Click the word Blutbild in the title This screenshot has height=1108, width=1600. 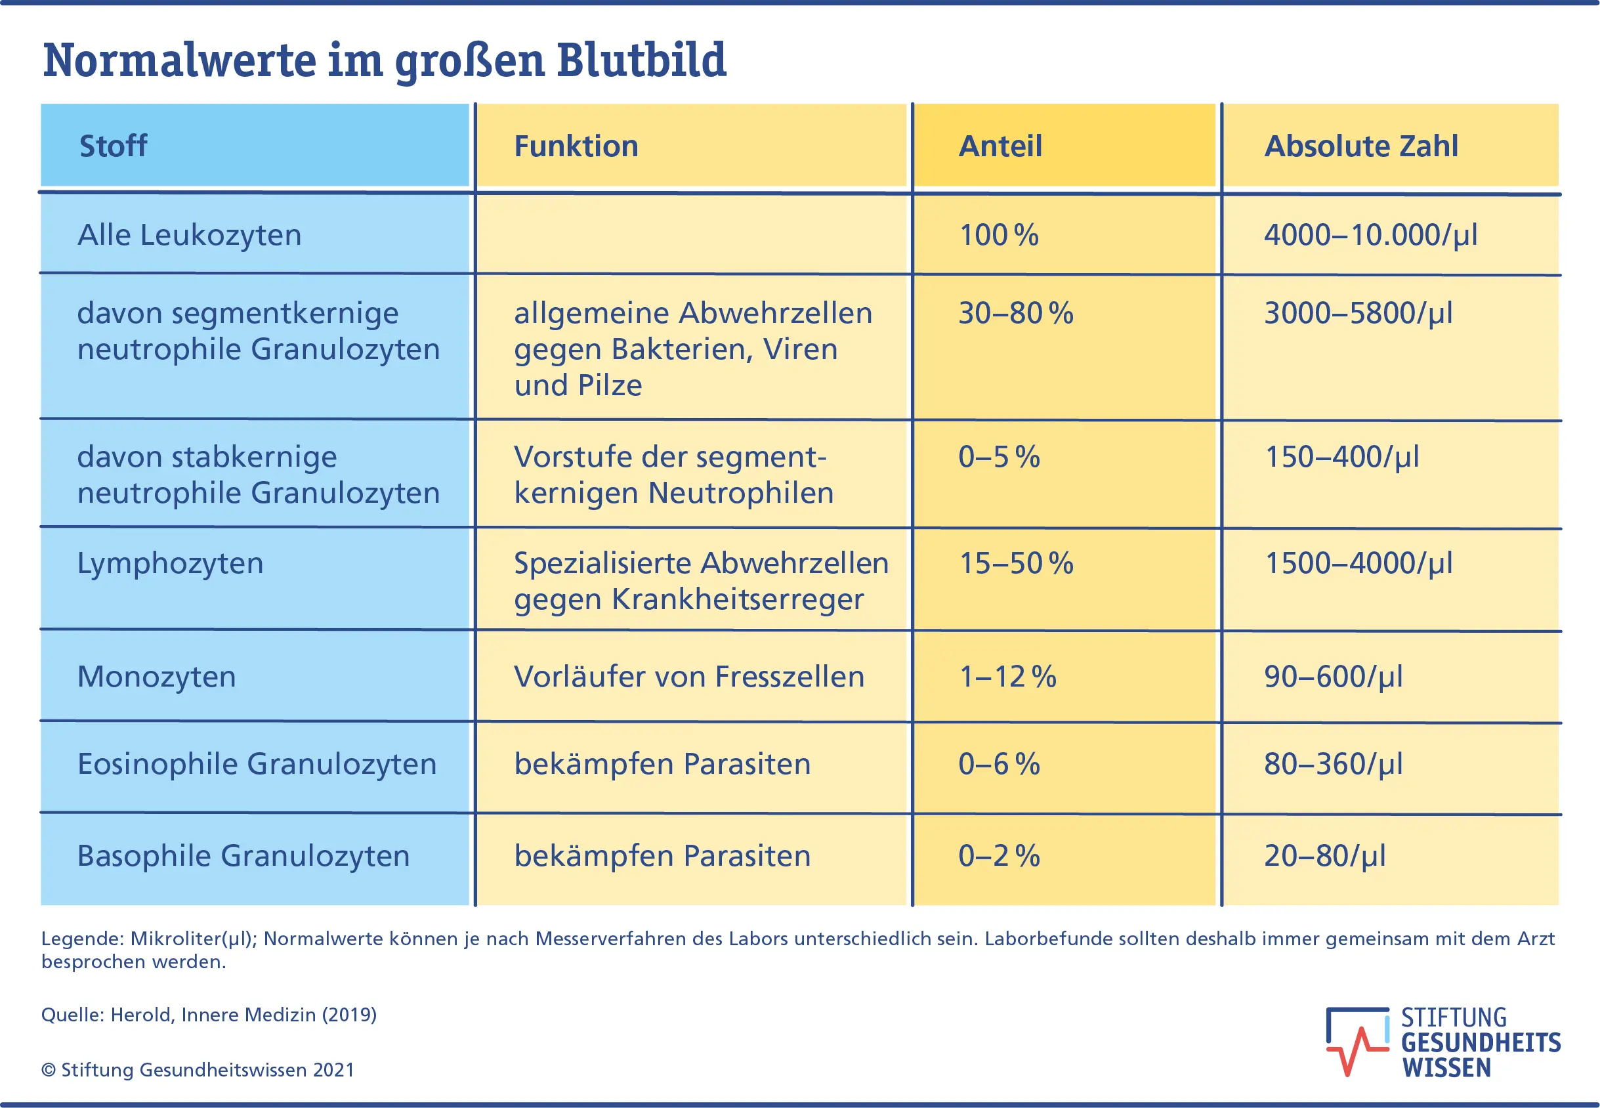641,60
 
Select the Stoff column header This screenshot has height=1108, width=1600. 113,146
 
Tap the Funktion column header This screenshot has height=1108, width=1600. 576,146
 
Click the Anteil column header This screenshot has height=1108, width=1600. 1000,146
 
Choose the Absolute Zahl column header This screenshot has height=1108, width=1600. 1360,146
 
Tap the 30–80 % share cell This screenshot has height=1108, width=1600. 1015,313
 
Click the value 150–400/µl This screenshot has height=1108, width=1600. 1341,457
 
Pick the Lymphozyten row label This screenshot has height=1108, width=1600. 170,563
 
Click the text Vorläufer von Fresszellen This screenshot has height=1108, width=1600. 688,676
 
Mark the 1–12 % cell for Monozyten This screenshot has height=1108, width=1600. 1007,676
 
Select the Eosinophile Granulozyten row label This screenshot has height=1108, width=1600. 257,763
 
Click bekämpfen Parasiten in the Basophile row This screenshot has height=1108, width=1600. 662,855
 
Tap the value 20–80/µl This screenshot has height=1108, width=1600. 1324,855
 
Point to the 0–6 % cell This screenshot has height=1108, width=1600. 998,763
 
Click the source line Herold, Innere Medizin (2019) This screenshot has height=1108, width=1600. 209,1014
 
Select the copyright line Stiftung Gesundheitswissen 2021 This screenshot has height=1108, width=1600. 198,1070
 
